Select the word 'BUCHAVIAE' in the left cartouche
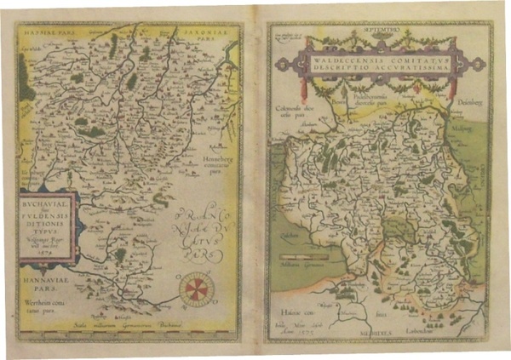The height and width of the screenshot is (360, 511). coord(47,206)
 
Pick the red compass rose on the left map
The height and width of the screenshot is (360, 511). coord(197,285)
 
